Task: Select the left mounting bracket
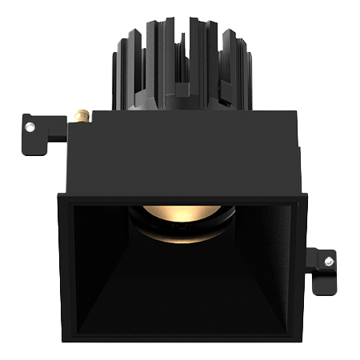(x=40, y=132)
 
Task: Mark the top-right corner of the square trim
(x=305, y=194)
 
